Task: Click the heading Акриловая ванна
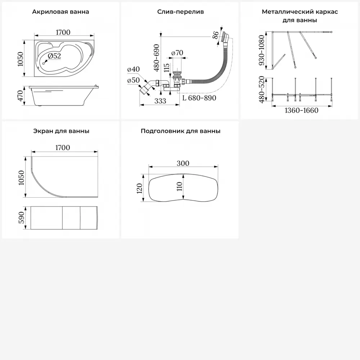(x=60, y=12)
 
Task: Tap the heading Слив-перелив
(x=180, y=12)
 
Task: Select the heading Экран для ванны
(x=61, y=131)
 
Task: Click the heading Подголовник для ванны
(x=180, y=131)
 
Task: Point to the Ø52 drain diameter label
(x=54, y=56)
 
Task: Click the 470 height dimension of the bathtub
(x=21, y=96)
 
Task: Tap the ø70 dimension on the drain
(x=177, y=53)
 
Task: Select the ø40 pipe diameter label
(x=133, y=69)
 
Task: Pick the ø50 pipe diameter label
(x=133, y=80)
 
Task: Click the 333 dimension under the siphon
(x=160, y=101)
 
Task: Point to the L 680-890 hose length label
(x=199, y=98)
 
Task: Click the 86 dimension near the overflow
(x=216, y=35)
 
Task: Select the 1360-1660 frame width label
(x=301, y=111)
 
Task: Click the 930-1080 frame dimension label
(x=261, y=50)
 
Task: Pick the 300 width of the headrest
(x=183, y=163)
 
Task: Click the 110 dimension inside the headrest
(x=180, y=186)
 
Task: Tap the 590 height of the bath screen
(x=21, y=218)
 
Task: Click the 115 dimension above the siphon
(x=167, y=68)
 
